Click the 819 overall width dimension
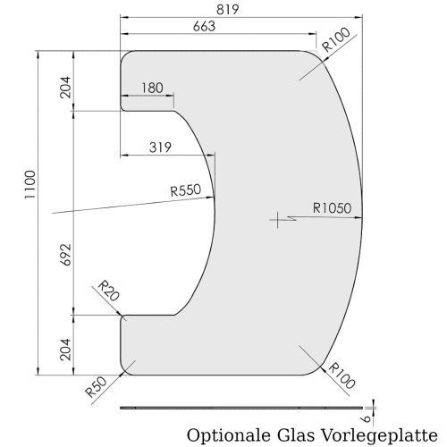(x=227, y=9)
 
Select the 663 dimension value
(x=204, y=26)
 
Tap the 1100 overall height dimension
(x=30, y=185)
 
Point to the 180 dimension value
(x=152, y=88)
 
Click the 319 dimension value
(x=160, y=148)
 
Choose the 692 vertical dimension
(x=66, y=255)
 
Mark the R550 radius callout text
(x=186, y=190)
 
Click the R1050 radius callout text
(x=332, y=208)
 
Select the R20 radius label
(x=109, y=291)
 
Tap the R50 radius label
(x=96, y=387)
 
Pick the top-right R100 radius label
(x=336, y=39)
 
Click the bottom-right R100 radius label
(x=342, y=375)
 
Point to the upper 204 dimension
(x=66, y=87)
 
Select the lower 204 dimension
(x=66, y=350)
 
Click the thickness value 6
(x=367, y=419)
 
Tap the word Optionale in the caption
(x=228, y=435)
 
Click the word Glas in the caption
(x=296, y=435)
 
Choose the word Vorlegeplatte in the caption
(x=379, y=435)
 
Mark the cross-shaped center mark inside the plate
(x=277, y=220)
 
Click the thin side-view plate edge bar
(x=241, y=408)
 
